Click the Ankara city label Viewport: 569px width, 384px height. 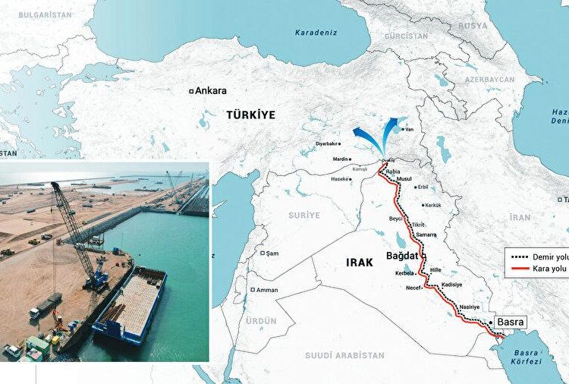(211, 90)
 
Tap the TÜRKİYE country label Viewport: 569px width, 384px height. (250, 115)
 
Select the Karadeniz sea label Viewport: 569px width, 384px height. (317, 32)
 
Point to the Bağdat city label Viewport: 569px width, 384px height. (402, 255)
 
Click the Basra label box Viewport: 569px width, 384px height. (510, 322)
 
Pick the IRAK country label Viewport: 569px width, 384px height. (360, 262)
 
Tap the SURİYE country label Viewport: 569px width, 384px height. (304, 216)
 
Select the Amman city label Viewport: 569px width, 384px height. (266, 290)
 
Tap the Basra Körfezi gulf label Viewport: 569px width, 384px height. (527, 357)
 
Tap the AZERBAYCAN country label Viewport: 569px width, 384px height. (490, 80)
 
